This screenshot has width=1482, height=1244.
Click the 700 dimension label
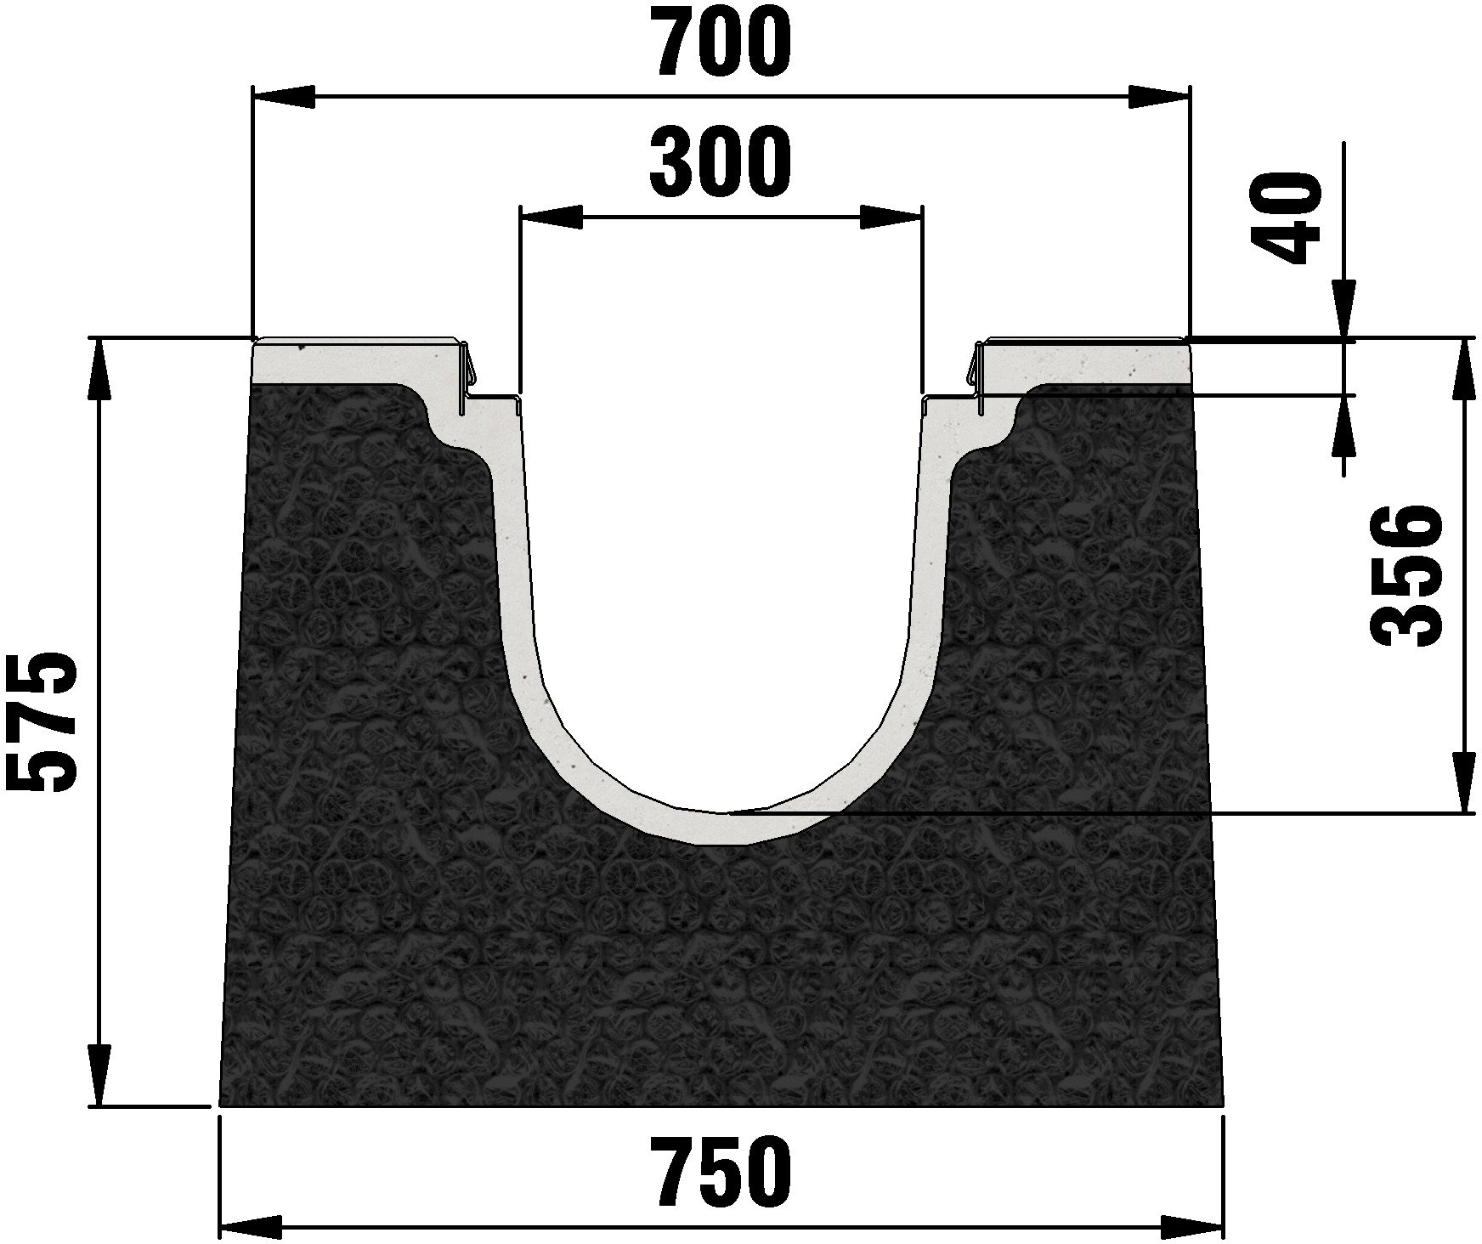pyautogui.click(x=721, y=40)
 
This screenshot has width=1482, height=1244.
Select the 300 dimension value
pyautogui.click(x=721, y=162)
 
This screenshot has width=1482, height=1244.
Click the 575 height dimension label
pyautogui.click(x=41, y=723)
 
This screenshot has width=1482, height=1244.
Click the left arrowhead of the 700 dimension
pyautogui.click(x=285, y=97)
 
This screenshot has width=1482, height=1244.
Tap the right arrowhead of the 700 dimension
pyautogui.click(x=1158, y=97)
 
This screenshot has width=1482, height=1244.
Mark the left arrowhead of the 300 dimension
pyautogui.click(x=552, y=218)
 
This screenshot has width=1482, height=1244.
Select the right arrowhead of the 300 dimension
pyautogui.click(x=890, y=218)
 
